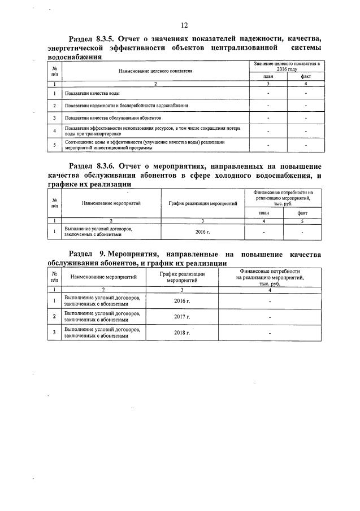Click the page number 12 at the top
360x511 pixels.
184,25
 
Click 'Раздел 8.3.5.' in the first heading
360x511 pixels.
93,39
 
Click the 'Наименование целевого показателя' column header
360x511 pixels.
155,71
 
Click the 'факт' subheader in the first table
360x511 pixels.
306,77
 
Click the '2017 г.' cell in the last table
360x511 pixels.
182,317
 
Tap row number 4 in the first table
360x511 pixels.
54,131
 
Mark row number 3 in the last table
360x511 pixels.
54,333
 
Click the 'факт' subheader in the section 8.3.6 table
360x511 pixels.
302,213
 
